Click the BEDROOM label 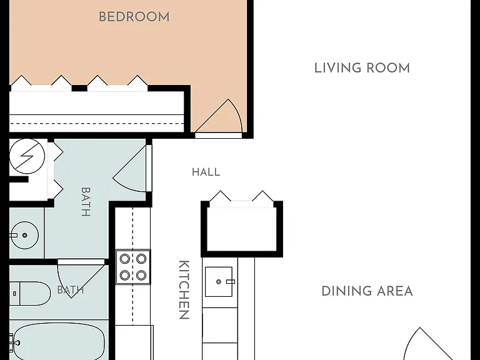tap(134, 17)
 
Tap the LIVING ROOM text tap(362, 68)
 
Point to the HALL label tap(206, 172)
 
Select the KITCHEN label tap(184, 290)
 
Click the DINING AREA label tap(367, 291)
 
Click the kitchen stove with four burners tap(133, 267)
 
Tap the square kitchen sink tap(219, 282)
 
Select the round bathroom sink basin tap(24, 235)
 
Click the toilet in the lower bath tap(30, 294)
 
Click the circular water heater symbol tap(27, 156)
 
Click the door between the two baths tap(81, 278)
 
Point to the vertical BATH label tap(86, 202)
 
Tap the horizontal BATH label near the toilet tap(71, 289)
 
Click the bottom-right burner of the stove tap(141, 275)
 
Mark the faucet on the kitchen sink tap(230, 282)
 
